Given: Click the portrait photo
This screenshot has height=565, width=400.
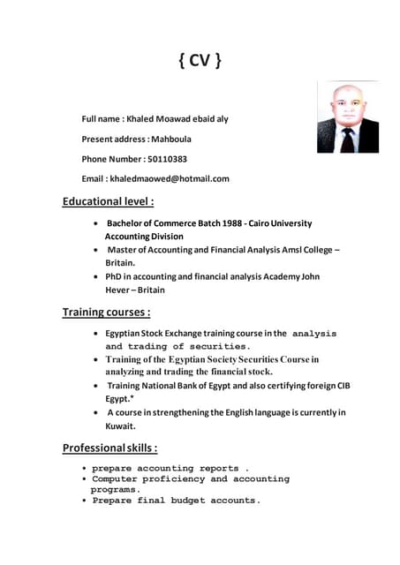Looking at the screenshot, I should click(x=347, y=117).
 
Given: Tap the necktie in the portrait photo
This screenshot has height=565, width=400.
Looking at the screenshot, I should click(x=347, y=139).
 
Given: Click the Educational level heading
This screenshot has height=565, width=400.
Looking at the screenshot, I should click(x=109, y=201).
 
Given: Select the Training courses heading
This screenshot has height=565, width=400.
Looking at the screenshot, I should click(x=106, y=312).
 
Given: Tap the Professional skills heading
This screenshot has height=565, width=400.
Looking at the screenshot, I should click(x=109, y=448).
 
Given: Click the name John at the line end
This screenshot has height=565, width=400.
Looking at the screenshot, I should click(x=310, y=276).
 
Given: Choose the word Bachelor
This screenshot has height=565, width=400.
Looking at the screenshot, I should click(x=128, y=223).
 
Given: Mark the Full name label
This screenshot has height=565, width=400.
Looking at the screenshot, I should click(x=101, y=118).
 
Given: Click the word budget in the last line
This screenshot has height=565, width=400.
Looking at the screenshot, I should click(x=189, y=501).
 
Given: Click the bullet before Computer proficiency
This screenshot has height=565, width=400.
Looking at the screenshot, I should click(x=84, y=479).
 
